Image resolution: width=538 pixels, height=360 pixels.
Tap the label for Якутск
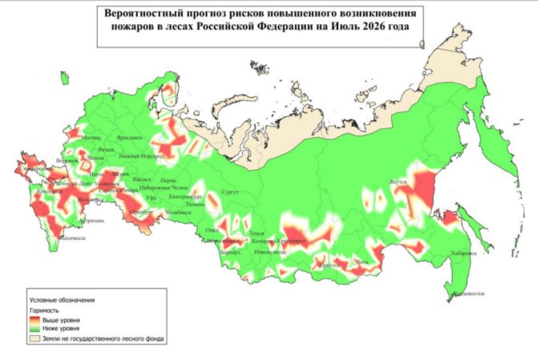(x=398, y=183)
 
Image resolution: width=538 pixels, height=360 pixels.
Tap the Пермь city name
(x=168, y=180)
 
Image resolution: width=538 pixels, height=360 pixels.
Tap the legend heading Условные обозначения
(x=62, y=300)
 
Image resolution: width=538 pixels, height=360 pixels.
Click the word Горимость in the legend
(x=47, y=309)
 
